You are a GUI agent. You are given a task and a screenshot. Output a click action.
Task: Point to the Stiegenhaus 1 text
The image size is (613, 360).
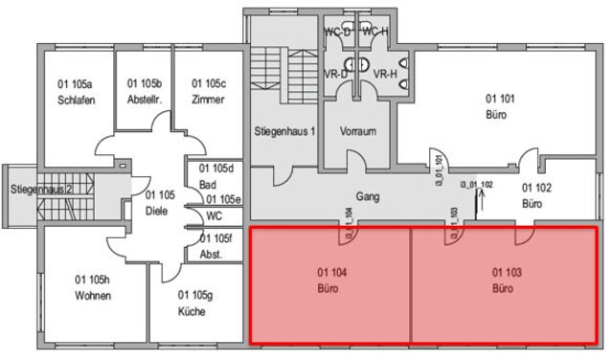284,130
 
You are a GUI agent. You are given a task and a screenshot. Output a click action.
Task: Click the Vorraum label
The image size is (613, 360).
357,130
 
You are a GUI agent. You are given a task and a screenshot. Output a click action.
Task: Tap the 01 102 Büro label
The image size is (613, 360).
534,196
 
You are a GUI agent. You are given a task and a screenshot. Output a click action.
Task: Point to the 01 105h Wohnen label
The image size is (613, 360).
93,287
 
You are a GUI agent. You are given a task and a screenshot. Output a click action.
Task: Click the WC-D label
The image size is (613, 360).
337,33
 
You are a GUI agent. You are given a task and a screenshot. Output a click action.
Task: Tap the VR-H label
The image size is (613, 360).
385,73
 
